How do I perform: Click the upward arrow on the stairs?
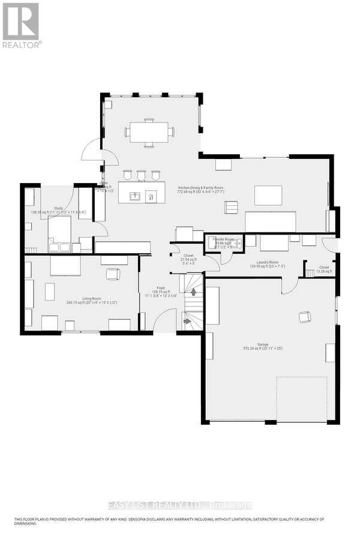pyautogui.click(x=193, y=292)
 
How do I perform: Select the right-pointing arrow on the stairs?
pyautogui.click(x=187, y=322)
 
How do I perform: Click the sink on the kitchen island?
pyautogui.click(x=136, y=196)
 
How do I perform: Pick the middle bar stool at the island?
pyautogui.click(x=141, y=175)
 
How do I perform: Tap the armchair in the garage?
pyautogui.click(x=305, y=317)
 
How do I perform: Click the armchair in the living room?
pyautogui.click(x=112, y=274)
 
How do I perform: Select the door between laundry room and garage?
pyautogui.click(x=289, y=286)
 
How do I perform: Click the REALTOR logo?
pyautogui.click(x=21, y=25)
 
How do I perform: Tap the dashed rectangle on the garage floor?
pyautogui.click(x=301, y=399)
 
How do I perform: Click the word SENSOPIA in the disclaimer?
pyautogui.click(x=139, y=519)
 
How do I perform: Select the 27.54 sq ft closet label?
pyautogui.click(x=188, y=259)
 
